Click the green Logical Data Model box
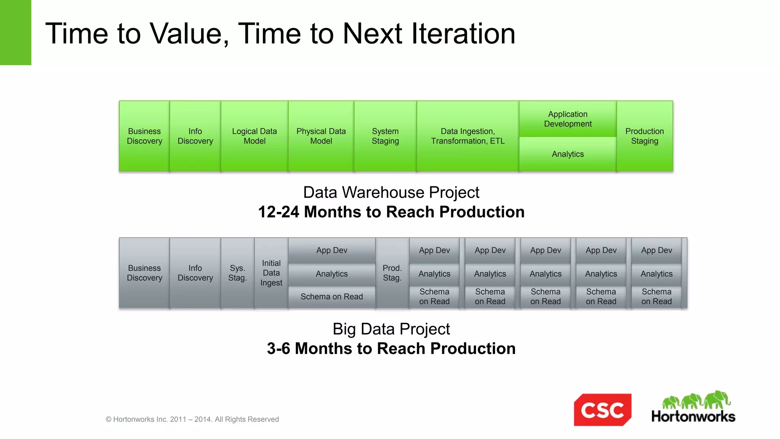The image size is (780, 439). pos(254,136)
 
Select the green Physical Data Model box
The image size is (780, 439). pos(321,136)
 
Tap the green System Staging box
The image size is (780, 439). pos(385,136)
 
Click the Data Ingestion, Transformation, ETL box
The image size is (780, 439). pos(468,136)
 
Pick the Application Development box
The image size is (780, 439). pos(567,119)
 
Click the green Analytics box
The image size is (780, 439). pos(567,154)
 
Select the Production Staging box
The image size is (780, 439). pos(644,136)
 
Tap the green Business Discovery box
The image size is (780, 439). pos(144,136)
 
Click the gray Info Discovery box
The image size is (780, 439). pos(195,273)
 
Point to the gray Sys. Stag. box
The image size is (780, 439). pos(237,273)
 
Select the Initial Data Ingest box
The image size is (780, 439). pos(271,273)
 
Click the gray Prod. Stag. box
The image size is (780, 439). pos(392,273)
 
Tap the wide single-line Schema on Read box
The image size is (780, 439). pos(331,296)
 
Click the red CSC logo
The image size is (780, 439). pos(603,410)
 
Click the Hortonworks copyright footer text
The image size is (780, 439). pos(192,419)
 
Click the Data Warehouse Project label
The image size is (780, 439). pos(391,192)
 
